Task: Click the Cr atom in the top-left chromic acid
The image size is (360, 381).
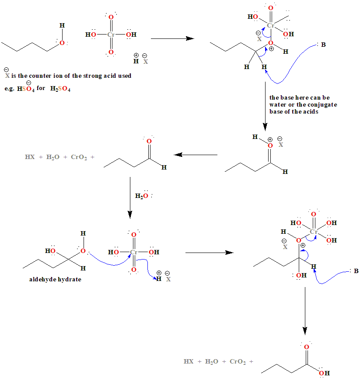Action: [x=111, y=34]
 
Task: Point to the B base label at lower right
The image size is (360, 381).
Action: [x=356, y=271]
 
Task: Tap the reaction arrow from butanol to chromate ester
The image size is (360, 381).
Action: [x=172, y=38]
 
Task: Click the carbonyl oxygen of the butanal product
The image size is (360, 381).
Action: [x=149, y=142]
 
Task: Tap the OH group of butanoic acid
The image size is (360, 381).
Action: [x=325, y=373]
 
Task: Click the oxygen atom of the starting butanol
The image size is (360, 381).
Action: [x=62, y=43]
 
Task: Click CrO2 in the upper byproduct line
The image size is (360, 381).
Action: [x=79, y=158]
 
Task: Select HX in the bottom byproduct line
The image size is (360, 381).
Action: [x=189, y=362]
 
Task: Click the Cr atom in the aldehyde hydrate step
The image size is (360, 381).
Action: [x=134, y=252]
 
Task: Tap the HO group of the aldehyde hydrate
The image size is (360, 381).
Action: [x=50, y=251]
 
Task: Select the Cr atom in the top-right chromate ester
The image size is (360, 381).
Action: [x=271, y=26]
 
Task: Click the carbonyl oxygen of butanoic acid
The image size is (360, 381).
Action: [x=306, y=347]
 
